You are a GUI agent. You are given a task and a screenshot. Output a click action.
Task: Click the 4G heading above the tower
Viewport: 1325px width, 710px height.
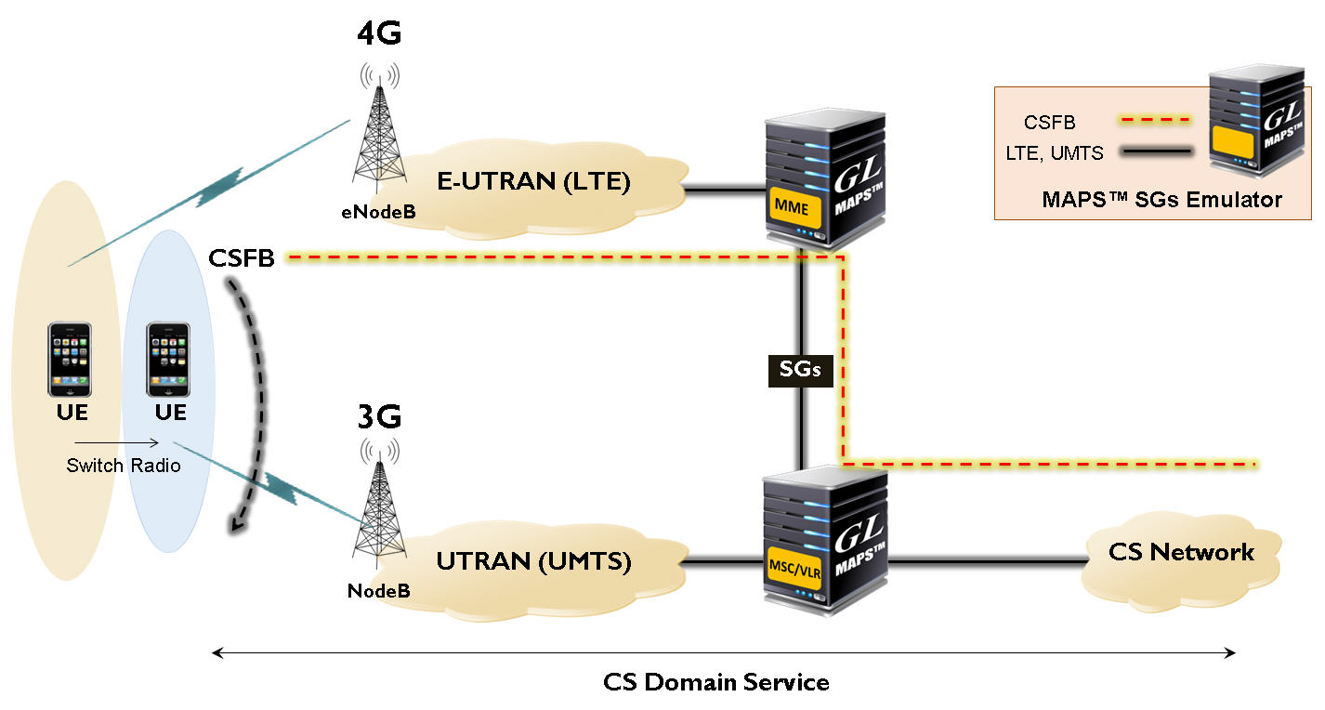pyautogui.click(x=379, y=34)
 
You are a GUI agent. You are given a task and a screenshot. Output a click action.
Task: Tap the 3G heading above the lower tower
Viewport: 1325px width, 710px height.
pyautogui.click(x=379, y=417)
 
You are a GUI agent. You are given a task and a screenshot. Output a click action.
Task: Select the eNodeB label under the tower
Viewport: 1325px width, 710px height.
pyautogui.click(x=377, y=213)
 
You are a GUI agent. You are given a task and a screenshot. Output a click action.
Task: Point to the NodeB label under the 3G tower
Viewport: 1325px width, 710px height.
pyautogui.click(x=378, y=590)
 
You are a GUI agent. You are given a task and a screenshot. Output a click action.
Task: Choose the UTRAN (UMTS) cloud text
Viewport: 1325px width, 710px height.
pyautogui.click(x=533, y=561)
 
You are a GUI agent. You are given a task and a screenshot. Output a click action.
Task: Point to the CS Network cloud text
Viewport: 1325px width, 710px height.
pyautogui.click(x=1181, y=552)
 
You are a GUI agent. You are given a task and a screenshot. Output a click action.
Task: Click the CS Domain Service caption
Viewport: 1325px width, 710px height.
pyautogui.click(x=715, y=682)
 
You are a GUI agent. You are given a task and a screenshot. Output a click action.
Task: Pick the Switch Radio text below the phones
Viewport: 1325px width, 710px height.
pyautogui.click(x=124, y=466)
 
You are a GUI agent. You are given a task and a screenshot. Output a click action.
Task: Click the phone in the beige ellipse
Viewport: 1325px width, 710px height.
pyautogui.click(x=71, y=360)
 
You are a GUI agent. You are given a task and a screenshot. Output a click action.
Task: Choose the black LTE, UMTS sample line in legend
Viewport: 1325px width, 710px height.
pyautogui.click(x=1152, y=151)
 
